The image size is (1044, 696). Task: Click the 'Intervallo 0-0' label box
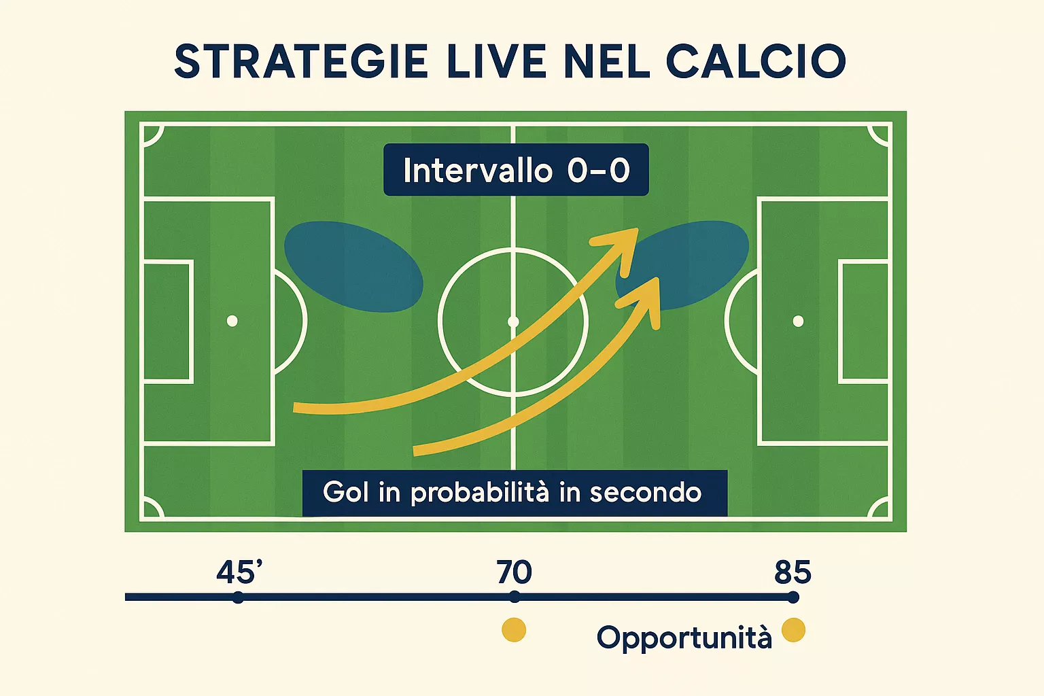(516, 170)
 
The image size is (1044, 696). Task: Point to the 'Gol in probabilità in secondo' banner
(515, 493)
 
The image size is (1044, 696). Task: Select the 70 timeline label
(514, 573)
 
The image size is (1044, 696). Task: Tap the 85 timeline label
(793, 573)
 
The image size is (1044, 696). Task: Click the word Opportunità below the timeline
(684, 638)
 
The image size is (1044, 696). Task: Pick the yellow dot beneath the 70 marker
(514, 630)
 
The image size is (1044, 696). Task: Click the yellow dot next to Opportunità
(793, 630)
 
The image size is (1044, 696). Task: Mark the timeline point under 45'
(238, 597)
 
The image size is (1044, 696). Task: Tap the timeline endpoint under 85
(793, 597)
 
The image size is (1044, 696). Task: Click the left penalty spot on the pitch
(232, 321)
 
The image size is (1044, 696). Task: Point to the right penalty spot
(798, 321)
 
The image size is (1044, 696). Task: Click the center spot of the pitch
(513, 321)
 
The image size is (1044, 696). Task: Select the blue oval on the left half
(353, 266)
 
